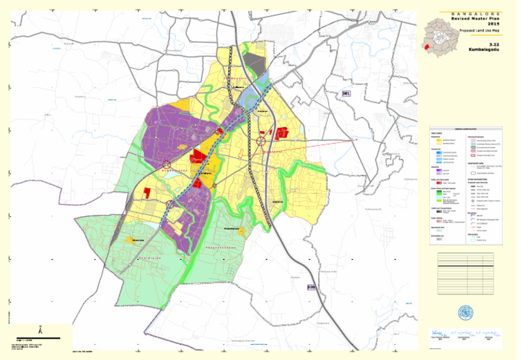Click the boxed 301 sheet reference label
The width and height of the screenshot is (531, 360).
coord(347,93)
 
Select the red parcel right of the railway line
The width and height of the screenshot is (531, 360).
coord(281,134)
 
